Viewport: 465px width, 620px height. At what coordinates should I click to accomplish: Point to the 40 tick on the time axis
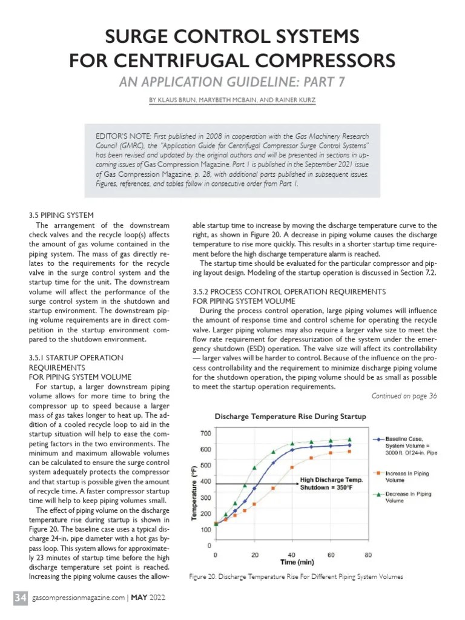(292, 554)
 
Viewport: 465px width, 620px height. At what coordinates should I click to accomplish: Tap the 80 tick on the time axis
(368, 554)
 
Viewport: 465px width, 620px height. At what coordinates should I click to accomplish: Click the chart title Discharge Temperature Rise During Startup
(290, 417)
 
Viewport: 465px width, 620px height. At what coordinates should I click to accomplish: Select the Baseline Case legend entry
(411, 446)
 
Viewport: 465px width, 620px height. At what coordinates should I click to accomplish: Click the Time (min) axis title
(296, 562)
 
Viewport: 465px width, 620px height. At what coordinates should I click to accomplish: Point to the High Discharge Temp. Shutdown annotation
(331, 483)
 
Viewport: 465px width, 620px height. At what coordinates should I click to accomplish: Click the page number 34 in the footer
(20, 598)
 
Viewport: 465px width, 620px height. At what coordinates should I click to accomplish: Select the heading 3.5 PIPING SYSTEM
(61, 215)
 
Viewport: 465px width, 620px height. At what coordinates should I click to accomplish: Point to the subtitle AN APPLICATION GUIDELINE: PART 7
(232, 82)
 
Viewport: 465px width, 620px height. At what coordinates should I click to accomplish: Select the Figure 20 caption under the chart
(295, 576)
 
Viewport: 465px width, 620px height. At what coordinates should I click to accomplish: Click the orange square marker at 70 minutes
(349, 451)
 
